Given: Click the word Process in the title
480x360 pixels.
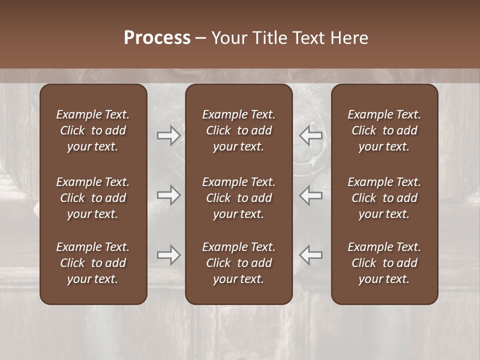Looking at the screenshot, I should pyautogui.click(x=157, y=38).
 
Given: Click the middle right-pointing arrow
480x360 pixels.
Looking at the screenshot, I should pyautogui.click(x=168, y=195).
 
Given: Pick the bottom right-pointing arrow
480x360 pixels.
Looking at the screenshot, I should pyautogui.click(x=168, y=255).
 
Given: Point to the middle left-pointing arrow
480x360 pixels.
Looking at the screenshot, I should pyautogui.click(x=310, y=195).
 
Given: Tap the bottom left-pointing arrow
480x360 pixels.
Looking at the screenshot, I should pyautogui.click(x=310, y=255).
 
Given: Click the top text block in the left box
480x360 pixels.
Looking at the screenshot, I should pyautogui.click(x=93, y=130).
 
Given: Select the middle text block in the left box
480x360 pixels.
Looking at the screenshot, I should pyautogui.click(x=93, y=198).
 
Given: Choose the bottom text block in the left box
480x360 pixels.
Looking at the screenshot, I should pyautogui.click(x=93, y=263).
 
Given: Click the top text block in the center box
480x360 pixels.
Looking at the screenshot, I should pyautogui.click(x=238, y=130).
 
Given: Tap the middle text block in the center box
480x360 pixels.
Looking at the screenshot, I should pyautogui.click(x=238, y=198).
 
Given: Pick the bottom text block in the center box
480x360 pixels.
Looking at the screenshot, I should pyautogui.click(x=238, y=263).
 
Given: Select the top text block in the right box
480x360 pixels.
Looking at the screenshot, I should pyautogui.click(x=384, y=130).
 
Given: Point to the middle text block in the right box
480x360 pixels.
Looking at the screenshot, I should pyautogui.click(x=384, y=198).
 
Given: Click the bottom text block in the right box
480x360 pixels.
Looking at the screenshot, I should pyautogui.click(x=384, y=263).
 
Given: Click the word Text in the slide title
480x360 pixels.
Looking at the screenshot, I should pyautogui.click(x=305, y=38).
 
